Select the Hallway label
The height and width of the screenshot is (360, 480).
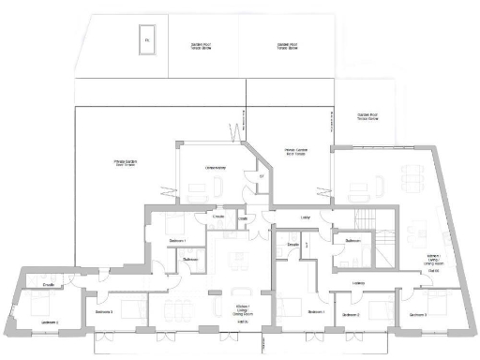pos(359,281)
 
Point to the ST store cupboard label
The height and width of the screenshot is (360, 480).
pos(262,176)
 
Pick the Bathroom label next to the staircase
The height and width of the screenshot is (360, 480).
pos(352,241)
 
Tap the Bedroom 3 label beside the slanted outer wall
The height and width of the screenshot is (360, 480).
pos(418,316)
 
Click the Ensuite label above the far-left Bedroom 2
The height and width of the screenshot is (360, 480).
pos(49,282)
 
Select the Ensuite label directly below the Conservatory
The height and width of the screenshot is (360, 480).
pos(218,217)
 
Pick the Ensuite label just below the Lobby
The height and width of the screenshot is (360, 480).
pos(292,245)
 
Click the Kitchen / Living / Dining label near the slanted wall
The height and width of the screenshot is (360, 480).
pos(433,260)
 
